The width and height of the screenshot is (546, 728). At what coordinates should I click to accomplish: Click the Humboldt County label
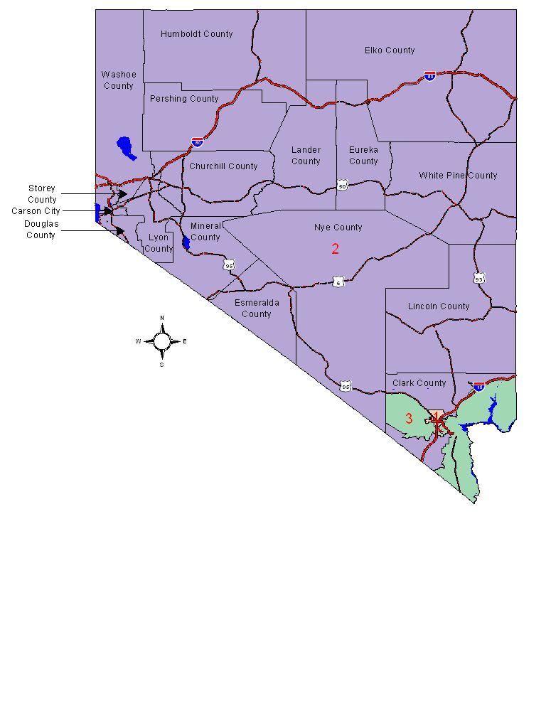196,34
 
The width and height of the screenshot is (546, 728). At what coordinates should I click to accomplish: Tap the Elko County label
390,50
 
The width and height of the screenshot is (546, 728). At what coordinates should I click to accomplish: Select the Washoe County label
118,80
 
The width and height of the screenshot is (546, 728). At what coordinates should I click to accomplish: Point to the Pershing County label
183,99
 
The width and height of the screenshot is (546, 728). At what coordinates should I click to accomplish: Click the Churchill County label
223,166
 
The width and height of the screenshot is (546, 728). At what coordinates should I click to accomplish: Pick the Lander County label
306,156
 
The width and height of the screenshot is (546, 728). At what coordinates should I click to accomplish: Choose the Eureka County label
363,156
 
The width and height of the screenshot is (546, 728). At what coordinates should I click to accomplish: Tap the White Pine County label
458,176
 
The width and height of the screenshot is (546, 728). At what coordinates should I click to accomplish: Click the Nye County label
338,227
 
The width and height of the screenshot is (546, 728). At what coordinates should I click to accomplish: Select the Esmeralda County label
257,308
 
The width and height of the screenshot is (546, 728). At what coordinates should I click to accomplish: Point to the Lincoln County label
439,306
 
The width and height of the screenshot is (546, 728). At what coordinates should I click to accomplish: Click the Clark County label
419,383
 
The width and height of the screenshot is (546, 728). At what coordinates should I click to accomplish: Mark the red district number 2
336,249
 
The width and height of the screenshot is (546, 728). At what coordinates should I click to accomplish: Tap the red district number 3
409,419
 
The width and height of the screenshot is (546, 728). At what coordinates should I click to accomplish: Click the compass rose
162,341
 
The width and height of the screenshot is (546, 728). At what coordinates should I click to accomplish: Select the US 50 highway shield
343,186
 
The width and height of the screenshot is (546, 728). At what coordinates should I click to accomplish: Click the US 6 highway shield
338,283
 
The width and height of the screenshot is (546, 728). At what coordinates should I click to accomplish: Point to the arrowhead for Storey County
123,194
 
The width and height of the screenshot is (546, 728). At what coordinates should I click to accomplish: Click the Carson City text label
36,211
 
